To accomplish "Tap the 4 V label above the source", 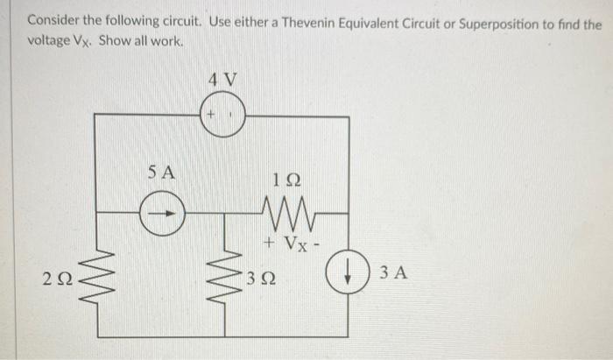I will (x=222, y=81).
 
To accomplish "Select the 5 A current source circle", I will (x=163, y=212).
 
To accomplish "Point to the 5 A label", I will (x=162, y=173).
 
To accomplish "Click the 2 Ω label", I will (x=54, y=281).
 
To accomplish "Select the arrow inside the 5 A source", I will (x=165, y=212).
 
